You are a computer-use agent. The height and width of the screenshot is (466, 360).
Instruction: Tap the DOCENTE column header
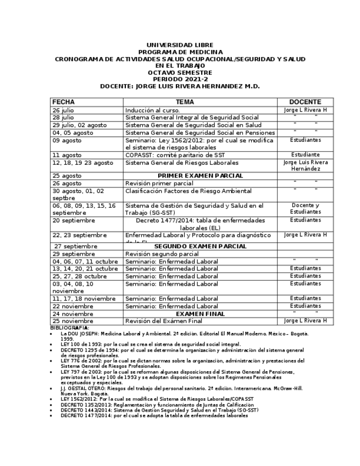coord(305,102)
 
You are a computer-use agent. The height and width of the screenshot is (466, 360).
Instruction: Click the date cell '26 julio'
coord(63,110)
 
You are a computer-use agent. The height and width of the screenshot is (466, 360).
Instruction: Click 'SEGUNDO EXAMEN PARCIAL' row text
coord(200,247)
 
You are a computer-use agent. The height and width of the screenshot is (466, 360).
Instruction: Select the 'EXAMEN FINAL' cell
coord(200,314)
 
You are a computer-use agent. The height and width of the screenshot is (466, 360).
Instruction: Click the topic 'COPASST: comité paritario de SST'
coord(171,155)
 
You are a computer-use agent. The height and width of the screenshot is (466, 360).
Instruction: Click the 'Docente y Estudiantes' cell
coord(305,209)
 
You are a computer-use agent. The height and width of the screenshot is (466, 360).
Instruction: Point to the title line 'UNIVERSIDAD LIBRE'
coord(180,45)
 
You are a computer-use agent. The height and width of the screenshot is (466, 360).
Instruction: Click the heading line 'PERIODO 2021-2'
coord(180,79)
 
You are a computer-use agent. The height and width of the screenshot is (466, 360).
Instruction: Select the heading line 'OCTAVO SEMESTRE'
coord(180,73)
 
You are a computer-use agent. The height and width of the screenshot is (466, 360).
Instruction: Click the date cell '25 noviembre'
coord(73,321)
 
